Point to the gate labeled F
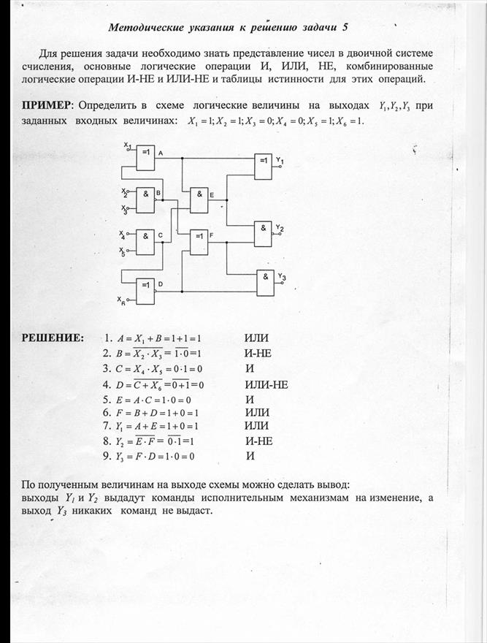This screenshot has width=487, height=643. pyautogui.click(x=199, y=242)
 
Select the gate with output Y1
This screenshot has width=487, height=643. pyautogui.click(x=263, y=167)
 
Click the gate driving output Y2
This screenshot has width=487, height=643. pyautogui.click(x=263, y=233)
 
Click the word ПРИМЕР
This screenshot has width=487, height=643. pyautogui.click(x=46, y=105)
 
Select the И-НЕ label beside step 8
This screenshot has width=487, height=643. pyautogui.click(x=259, y=441)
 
